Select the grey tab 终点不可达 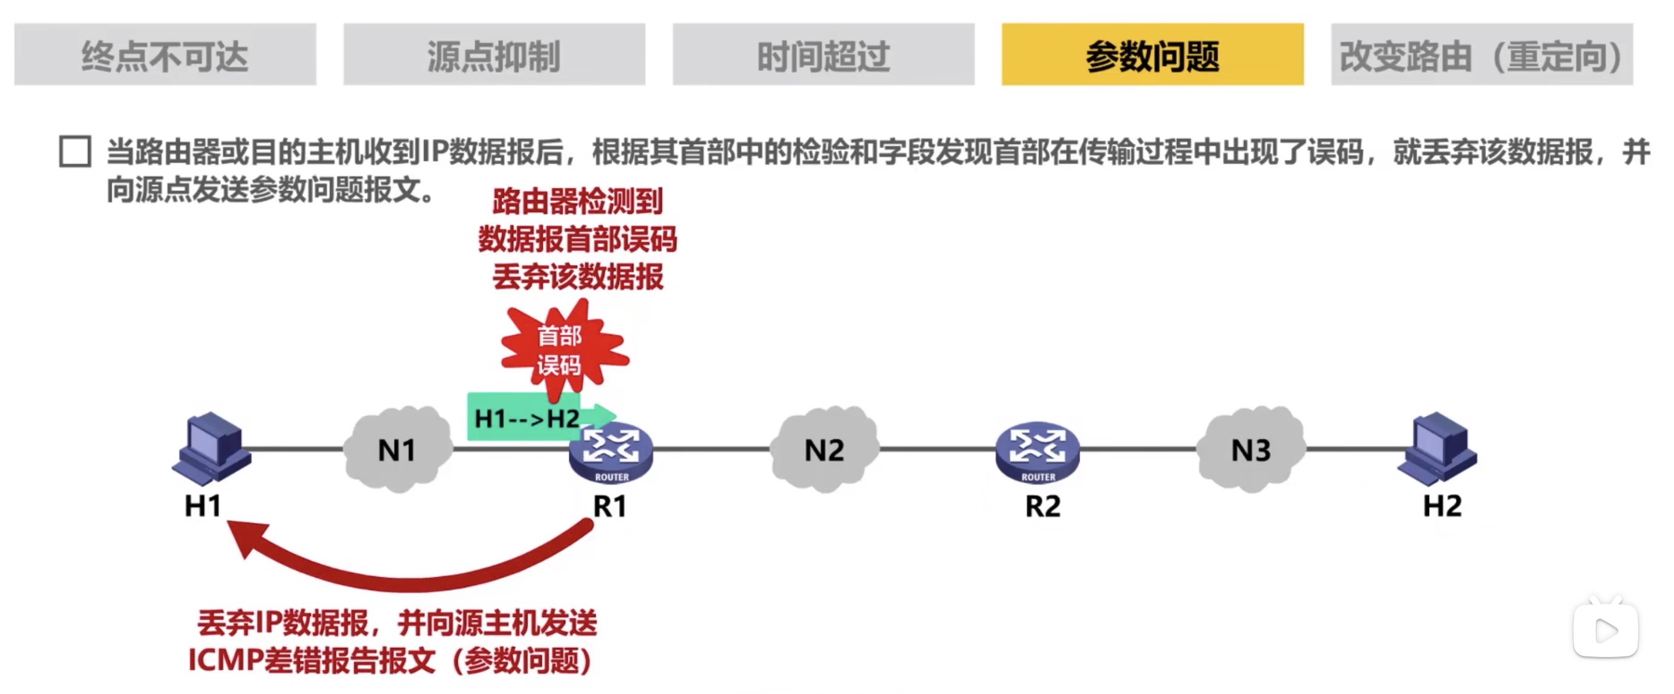point(165,54)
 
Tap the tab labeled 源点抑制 point(494,54)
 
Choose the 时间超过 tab point(823,54)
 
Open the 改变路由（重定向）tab point(1482,54)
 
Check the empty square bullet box point(75,152)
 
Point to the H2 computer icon point(1439,449)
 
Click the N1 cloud point(397,449)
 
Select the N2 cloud point(824,449)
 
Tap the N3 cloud point(1251,449)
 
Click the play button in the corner point(1605,629)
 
